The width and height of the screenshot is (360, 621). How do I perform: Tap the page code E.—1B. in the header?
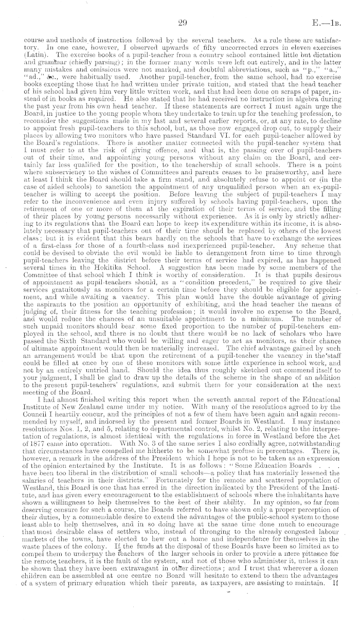click(335, 22)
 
